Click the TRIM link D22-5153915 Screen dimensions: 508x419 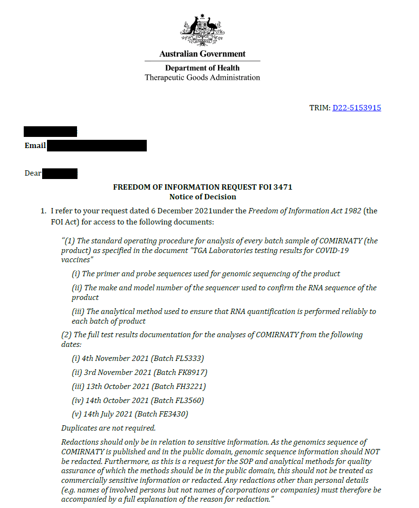pos(357,108)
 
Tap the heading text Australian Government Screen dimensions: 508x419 pos(202,54)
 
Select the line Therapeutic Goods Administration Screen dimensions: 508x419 pos(202,77)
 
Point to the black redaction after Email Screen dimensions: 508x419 pos(97,145)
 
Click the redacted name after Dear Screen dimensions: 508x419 pos(60,173)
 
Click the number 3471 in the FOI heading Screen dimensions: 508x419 pos(282,187)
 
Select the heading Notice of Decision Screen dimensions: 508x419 pos(202,197)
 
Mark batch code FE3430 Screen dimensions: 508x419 pos(172,414)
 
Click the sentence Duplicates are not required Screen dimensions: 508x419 pos(109,428)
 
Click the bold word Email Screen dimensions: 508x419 pos(35,146)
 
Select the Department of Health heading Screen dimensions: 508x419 pos(202,68)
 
